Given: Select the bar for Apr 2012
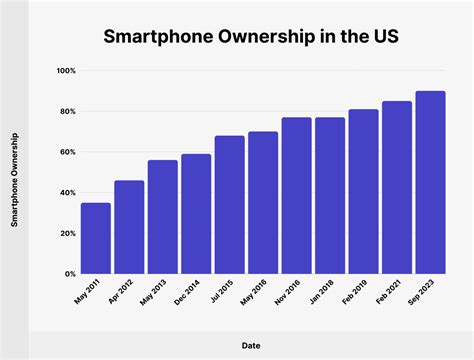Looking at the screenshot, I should tap(129, 227).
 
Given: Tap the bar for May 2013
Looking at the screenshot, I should tap(163, 216).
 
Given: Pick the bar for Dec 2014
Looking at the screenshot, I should tap(196, 213).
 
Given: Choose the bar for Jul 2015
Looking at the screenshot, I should tap(229, 204).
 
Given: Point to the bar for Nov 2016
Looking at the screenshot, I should tap(296, 195).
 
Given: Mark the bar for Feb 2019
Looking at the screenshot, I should tap(363, 191).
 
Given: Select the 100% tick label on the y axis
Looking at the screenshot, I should tap(65, 71).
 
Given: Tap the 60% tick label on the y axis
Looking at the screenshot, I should tap(67, 152).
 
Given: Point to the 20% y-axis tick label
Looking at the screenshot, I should tap(67, 233).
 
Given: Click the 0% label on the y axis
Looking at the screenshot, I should tap(69, 273).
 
